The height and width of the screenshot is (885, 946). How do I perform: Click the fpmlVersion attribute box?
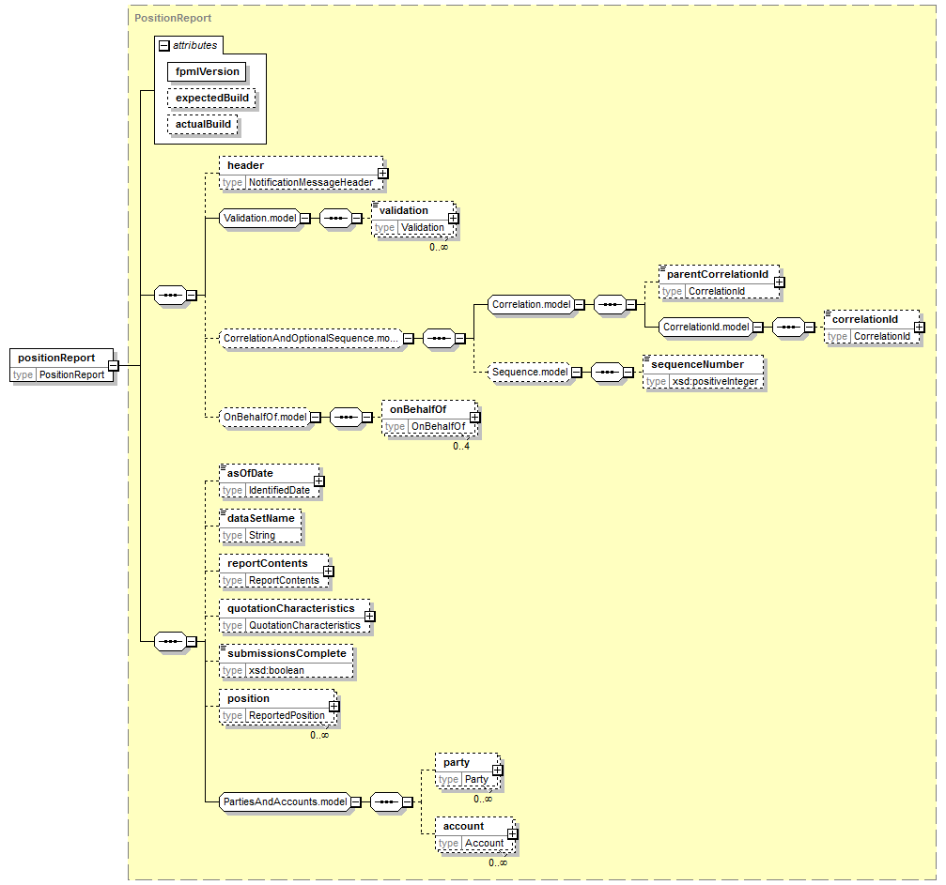point(207,71)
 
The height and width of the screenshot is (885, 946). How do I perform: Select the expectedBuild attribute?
point(211,99)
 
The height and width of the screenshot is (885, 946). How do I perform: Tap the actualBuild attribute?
point(203,125)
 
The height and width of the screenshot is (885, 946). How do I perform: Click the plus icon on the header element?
point(382,174)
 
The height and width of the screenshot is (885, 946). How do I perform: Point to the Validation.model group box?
point(260,219)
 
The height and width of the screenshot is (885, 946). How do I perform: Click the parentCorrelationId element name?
point(718,274)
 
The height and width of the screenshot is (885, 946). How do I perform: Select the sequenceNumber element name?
point(697,365)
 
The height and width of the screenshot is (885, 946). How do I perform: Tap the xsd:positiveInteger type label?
point(715,382)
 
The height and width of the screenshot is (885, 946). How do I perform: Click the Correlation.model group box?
point(531,305)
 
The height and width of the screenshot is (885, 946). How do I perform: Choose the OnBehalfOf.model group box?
point(265,418)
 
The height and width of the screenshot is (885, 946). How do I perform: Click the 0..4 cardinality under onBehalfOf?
point(461,447)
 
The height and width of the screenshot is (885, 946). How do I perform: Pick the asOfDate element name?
point(251,474)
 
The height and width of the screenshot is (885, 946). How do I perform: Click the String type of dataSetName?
point(262,536)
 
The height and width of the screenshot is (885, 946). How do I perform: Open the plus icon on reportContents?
point(328,572)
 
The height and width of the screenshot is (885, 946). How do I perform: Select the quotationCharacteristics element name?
point(291,609)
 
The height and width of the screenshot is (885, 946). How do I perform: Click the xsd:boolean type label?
point(276,671)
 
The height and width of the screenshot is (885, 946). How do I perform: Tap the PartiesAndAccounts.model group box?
point(286,802)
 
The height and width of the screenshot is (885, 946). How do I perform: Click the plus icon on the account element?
point(512,834)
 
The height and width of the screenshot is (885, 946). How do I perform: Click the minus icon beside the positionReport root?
point(114,366)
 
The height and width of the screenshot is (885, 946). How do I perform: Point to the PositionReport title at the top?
point(173,18)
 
